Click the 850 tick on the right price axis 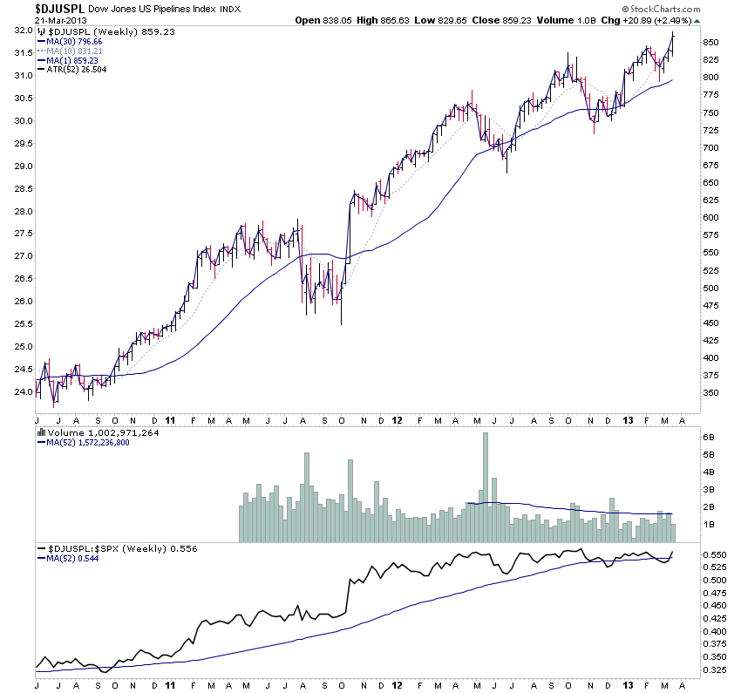pyautogui.click(x=710, y=42)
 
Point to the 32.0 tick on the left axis pyautogui.click(x=23, y=31)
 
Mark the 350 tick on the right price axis pyautogui.click(x=710, y=393)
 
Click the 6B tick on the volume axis pyautogui.click(x=708, y=437)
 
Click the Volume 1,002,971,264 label pyautogui.click(x=98, y=431)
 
